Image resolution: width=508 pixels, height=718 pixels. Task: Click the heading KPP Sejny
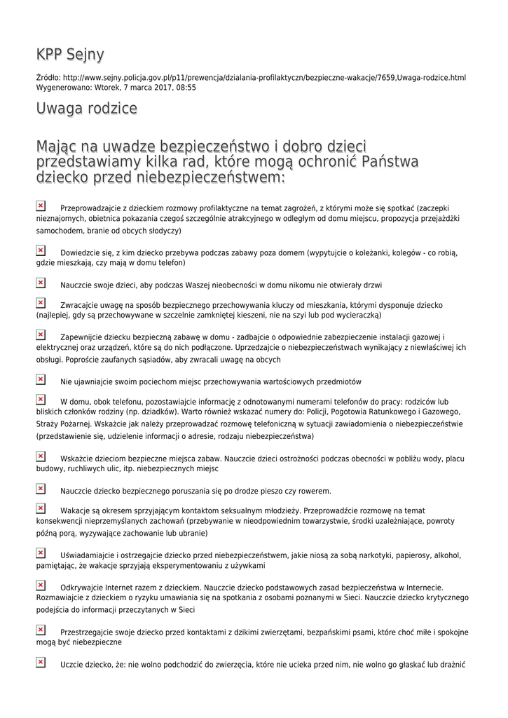tap(70, 55)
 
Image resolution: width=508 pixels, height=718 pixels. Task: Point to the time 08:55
tap(186, 88)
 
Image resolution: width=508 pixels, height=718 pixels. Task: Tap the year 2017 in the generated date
tap(154, 88)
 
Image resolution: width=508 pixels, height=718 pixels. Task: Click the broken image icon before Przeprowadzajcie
tap(41, 206)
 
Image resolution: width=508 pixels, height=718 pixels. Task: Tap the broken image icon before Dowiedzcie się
tap(41, 250)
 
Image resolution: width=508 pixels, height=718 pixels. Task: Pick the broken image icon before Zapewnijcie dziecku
tap(41, 335)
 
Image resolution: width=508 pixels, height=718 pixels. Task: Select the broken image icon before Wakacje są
tap(41, 508)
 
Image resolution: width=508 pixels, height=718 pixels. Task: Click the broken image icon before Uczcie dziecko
tap(41, 662)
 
